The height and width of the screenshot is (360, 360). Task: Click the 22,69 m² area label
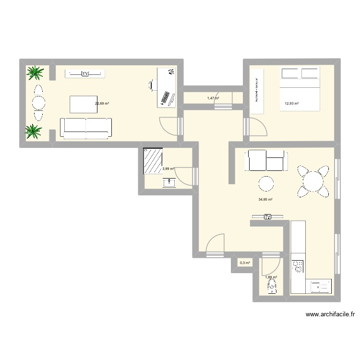tap(102, 103)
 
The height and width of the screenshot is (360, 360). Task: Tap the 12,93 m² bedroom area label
tap(292, 103)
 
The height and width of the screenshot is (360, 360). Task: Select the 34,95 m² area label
tap(265, 200)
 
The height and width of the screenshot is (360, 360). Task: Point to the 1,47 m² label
tap(213, 98)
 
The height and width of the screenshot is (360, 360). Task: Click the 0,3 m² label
tap(245, 263)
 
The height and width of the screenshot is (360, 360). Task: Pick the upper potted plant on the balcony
tap(35, 73)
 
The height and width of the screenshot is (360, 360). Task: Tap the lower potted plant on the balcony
tap(33, 131)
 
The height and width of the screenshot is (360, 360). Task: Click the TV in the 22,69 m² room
tap(86, 73)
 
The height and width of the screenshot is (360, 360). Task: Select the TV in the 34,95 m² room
tap(267, 217)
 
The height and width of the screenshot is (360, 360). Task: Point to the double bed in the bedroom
tap(300, 89)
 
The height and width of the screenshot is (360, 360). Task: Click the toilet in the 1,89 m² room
tap(272, 287)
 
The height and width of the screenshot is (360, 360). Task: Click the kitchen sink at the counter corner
tap(320, 287)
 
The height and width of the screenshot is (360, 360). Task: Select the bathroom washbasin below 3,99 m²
tap(169, 182)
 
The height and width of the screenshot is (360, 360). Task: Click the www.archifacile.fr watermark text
tap(330, 315)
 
